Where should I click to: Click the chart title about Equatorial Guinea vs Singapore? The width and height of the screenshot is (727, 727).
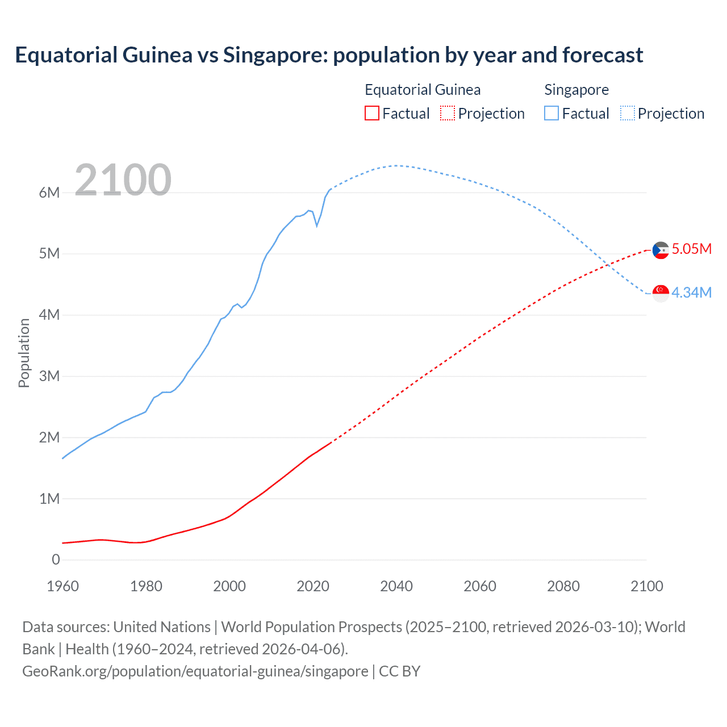(329, 55)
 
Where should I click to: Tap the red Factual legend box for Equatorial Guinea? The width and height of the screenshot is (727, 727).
(371, 113)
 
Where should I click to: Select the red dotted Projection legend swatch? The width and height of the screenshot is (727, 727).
(448, 113)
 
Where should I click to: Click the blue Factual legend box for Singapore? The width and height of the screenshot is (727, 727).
(551, 113)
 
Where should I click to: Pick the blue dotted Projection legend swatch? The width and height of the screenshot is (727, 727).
(627, 113)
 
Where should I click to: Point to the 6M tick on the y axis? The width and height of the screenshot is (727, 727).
(49, 193)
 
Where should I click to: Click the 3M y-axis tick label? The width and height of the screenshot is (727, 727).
(49, 376)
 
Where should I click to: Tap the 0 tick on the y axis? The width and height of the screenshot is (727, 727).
(56, 560)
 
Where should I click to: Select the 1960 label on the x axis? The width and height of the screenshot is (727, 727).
(62, 586)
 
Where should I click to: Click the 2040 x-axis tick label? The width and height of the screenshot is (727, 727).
(396, 586)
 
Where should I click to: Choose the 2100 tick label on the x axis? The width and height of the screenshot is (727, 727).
(646, 586)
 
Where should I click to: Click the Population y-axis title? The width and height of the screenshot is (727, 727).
(24, 353)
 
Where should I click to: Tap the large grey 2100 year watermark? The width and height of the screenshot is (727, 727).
(123, 179)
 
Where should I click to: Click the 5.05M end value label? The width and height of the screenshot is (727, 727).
(691, 249)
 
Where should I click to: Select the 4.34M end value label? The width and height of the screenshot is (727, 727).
(691, 293)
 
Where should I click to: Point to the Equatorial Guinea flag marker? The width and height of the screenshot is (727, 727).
(661, 250)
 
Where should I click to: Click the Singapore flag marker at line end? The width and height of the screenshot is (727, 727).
(661, 293)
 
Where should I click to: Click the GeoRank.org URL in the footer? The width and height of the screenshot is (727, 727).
(195, 671)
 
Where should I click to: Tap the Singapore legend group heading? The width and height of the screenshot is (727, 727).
(576, 90)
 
